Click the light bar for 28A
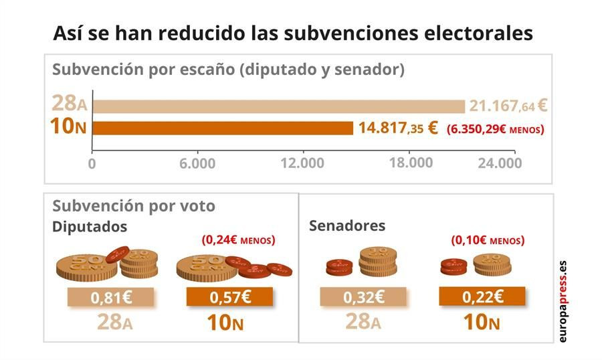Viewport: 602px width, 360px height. point(278,106)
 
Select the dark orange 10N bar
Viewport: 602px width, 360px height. point(223,127)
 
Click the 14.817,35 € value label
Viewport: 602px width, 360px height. point(397,127)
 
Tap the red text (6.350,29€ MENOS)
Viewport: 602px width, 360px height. point(495,128)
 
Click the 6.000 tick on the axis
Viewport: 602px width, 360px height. point(198,164)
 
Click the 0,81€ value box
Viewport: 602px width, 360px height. point(110,297)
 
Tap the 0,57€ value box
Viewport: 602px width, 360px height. point(229,297)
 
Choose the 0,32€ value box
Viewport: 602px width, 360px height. point(363,297)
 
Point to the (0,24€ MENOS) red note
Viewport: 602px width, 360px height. point(239,240)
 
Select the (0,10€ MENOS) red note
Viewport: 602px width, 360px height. point(488,240)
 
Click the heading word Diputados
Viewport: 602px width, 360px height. point(90,226)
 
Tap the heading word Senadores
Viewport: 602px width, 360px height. point(347,226)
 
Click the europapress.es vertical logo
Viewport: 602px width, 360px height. point(562,301)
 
